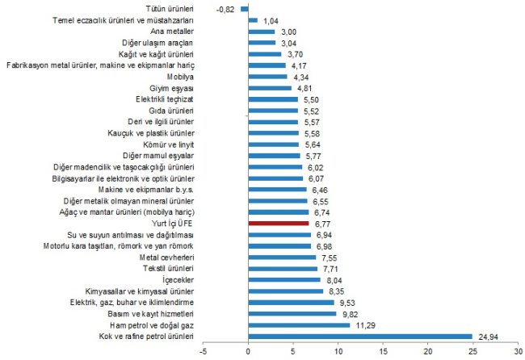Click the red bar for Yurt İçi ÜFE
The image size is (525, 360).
point(279,223)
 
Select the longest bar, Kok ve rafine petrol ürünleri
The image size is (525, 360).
point(360,336)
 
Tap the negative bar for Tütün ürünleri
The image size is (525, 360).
point(245,8)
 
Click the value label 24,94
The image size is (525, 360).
point(488,336)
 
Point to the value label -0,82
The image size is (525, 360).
point(226,8)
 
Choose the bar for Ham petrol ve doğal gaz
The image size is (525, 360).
point(299,324)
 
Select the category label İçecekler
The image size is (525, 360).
point(178,279)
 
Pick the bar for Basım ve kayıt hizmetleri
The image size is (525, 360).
point(292,313)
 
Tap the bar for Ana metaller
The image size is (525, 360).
point(262,31)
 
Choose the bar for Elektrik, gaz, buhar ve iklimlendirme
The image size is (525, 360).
point(292,302)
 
